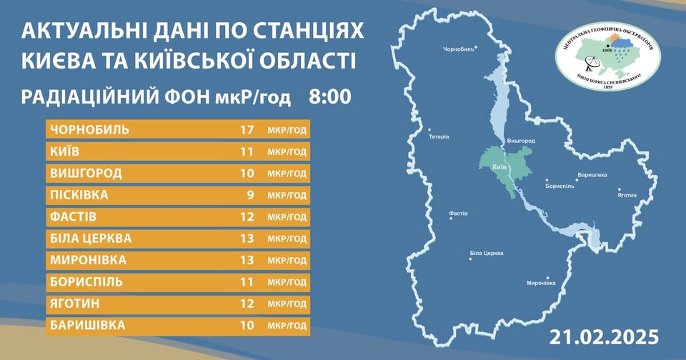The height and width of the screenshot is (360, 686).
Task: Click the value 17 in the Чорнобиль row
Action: tap(247, 130)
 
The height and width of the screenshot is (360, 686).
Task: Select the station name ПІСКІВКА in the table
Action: tap(79, 195)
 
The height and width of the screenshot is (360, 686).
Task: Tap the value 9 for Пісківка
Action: tap(250, 195)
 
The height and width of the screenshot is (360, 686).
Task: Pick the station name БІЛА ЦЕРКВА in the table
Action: tap(91, 239)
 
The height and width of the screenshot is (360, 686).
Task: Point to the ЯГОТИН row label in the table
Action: tap(75, 304)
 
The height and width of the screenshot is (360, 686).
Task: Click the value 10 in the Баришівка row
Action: tap(247, 325)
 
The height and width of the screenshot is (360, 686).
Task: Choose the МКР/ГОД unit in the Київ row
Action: tap(287, 152)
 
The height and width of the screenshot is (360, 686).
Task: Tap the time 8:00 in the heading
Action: tap(330, 97)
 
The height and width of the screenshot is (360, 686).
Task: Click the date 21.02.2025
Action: tap(605, 337)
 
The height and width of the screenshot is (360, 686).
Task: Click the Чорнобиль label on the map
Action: tap(458, 49)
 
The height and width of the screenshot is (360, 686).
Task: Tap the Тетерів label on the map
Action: tap(439, 137)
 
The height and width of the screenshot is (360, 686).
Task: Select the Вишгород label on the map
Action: tap(521, 141)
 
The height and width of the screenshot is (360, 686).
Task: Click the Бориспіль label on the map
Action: tap(560, 186)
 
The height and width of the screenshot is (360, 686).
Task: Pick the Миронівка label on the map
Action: tap(541, 283)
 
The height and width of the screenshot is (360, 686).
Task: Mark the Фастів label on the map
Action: tap(459, 214)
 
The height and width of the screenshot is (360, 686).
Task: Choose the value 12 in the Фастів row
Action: tap(247, 217)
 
